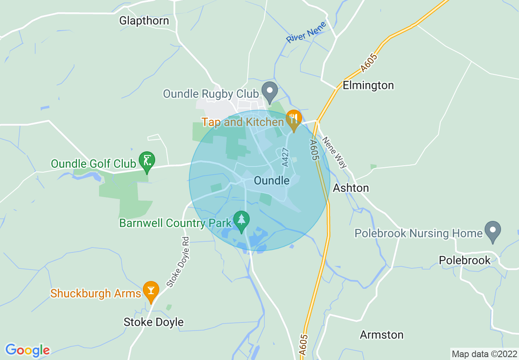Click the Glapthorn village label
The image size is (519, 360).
tap(144, 20)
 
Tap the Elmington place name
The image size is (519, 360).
tap(368, 85)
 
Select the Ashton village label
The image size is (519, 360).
tap(351, 188)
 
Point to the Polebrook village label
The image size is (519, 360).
tap(464, 260)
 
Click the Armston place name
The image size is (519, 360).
tap(381, 335)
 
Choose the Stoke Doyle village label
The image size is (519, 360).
tap(153, 322)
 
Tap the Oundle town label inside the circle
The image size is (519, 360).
tap(271, 180)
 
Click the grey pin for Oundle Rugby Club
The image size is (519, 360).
tap(269, 91)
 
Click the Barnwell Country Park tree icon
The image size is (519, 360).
tap(241, 220)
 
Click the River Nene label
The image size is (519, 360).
tap(306, 32)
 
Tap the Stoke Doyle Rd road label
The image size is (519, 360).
tap(178, 262)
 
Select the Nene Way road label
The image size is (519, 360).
tap(334, 152)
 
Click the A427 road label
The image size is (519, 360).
tap(285, 157)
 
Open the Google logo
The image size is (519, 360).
tap(27, 350)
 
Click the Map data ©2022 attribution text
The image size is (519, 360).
tap(484, 354)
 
